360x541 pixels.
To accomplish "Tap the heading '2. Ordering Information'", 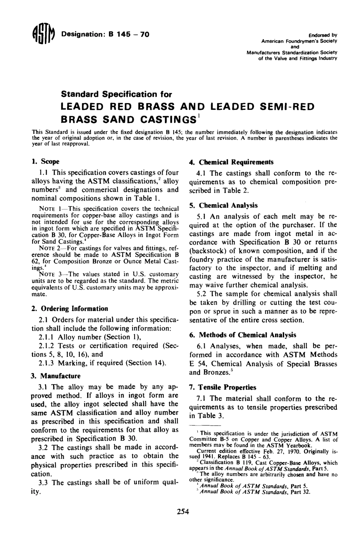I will pos(69,308).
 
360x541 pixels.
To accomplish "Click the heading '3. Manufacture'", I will pos(55,376).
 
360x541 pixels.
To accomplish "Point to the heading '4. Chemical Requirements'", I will pos(231,162).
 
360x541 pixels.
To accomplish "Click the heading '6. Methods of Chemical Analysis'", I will pos(242,335).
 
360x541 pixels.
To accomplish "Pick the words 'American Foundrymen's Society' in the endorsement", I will pos(299,40).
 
